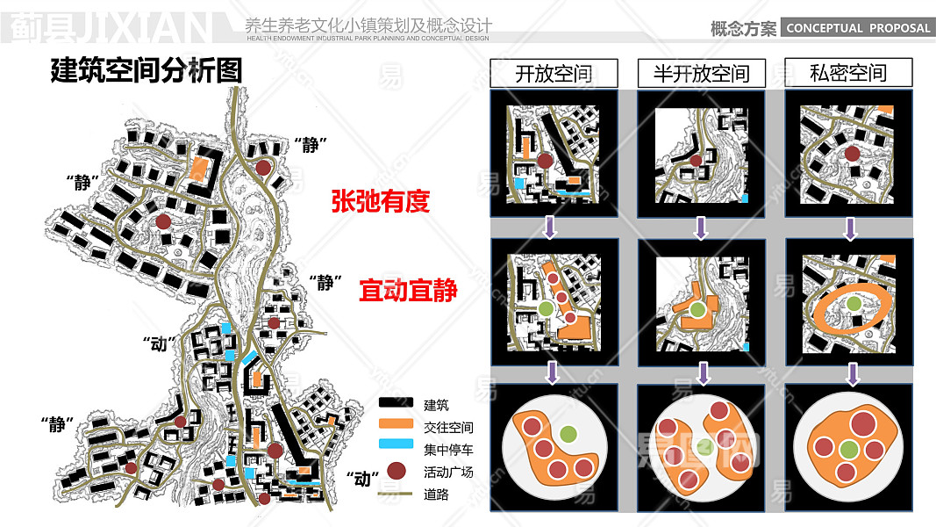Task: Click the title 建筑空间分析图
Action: click(x=146, y=70)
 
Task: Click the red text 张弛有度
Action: click(x=380, y=202)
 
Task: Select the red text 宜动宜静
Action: click(x=408, y=290)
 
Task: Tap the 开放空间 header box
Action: click(x=554, y=73)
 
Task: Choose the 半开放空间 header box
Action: click(x=701, y=73)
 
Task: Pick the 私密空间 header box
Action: click(x=848, y=72)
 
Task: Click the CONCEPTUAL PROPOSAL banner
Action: click(x=857, y=28)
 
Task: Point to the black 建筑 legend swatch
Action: click(x=396, y=404)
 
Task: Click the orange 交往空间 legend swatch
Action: click(x=396, y=426)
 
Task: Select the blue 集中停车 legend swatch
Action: click(x=396, y=448)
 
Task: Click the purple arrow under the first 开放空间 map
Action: click(x=550, y=228)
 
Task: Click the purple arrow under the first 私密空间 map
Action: click(x=849, y=228)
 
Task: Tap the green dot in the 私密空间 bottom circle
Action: click(x=847, y=450)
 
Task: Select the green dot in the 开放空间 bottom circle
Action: click(x=568, y=432)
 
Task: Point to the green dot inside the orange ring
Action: click(x=852, y=304)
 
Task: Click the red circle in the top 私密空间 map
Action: click(x=851, y=155)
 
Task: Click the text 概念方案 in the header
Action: click(x=743, y=28)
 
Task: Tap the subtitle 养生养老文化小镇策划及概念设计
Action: click(x=368, y=25)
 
